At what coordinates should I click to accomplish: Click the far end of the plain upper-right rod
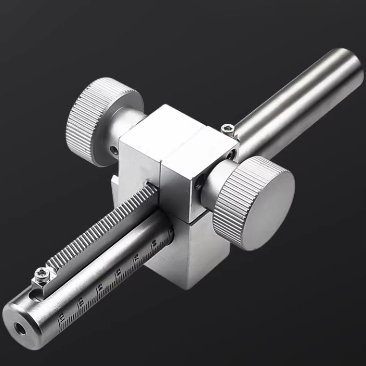349,67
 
